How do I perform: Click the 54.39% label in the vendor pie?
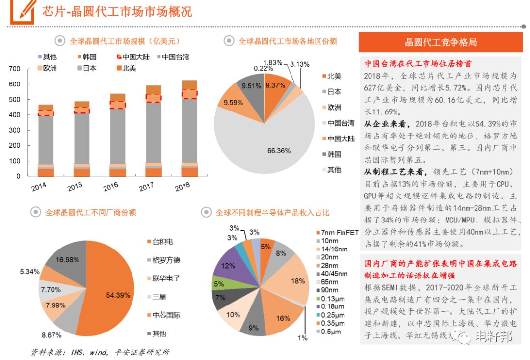[x=118, y=295]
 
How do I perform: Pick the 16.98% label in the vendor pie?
[x=67, y=260]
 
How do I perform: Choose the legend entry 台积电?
[x=162, y=242]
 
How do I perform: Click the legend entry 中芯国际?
[x=166, y=315]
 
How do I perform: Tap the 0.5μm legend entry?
[x=330, y=332]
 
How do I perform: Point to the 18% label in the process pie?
[x=298, y=281]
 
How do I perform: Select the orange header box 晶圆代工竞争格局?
[x=441, y=43]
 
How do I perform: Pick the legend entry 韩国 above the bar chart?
[x=89, y=57]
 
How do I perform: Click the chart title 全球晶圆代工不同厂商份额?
[x=91, y=213]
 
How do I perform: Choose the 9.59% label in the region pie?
[x=233, y=103]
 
